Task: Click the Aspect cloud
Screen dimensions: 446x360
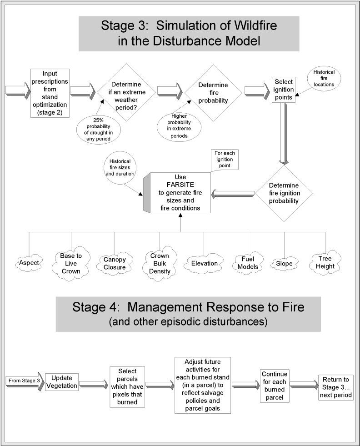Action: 29,263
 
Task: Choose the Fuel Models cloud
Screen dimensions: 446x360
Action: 248,264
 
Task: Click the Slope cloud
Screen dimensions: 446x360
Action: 285,263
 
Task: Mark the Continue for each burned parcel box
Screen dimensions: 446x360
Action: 274,386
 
